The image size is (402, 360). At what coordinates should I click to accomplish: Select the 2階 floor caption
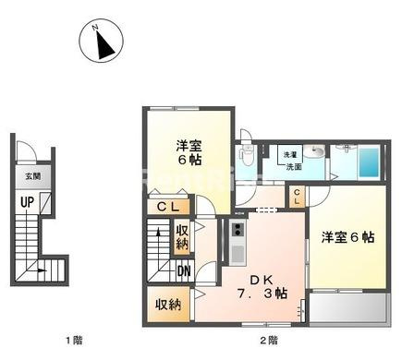pos(269,342)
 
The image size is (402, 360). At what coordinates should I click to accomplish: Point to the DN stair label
pos(184,271)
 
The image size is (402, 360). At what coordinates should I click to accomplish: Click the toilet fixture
pos(245,152)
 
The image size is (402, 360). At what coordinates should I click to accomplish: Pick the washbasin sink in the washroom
pos(316,153)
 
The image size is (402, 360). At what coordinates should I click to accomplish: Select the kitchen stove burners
pos(238,230)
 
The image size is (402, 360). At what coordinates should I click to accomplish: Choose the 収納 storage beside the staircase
pos(183,237)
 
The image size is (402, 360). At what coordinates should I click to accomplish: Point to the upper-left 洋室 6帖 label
pos(189,152)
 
